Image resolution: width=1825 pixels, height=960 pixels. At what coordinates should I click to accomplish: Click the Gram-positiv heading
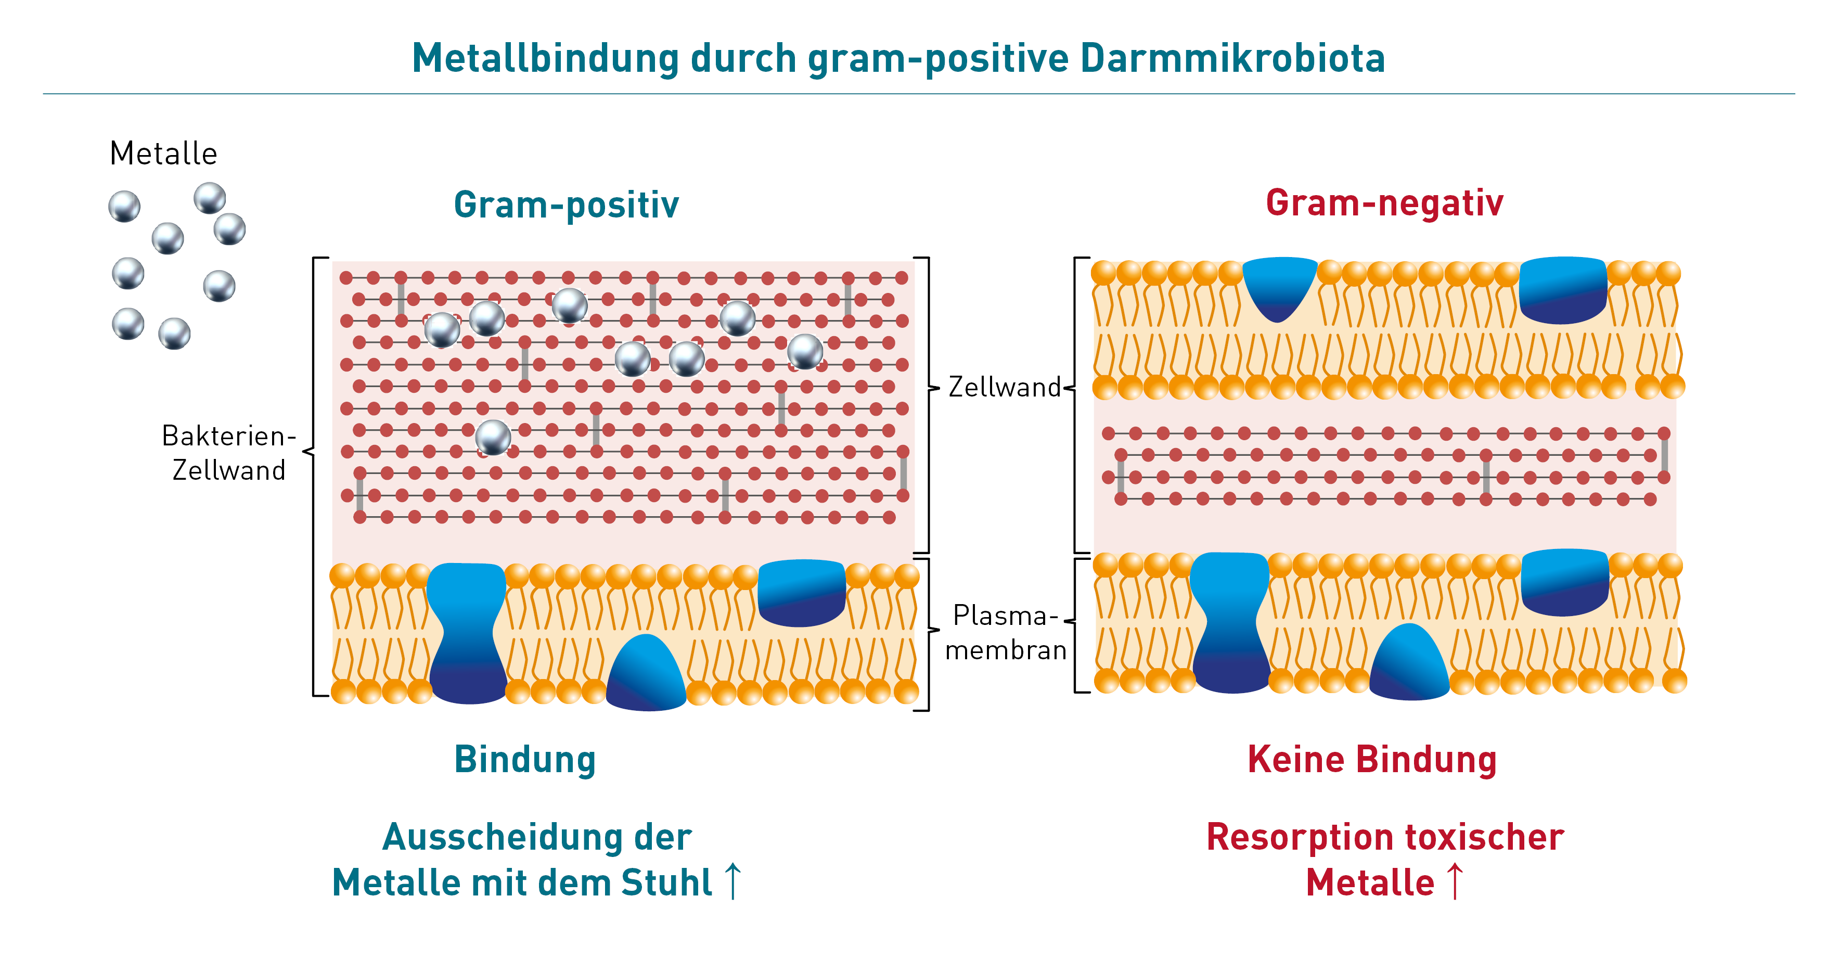click(x=566, y=205)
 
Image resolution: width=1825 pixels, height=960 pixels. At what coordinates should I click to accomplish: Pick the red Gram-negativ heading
click(x=1384, y=203)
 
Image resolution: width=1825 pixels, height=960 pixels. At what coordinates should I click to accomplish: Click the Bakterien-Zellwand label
click(x=228, y=453)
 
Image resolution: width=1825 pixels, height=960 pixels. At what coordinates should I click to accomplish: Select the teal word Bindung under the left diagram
click(x=525, y=760)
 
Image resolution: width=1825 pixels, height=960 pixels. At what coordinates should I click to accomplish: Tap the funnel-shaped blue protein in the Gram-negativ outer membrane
click(x=1279, y=287)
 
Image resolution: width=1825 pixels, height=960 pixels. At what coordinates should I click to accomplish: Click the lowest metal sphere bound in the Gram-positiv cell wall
click(x=493, y=437)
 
